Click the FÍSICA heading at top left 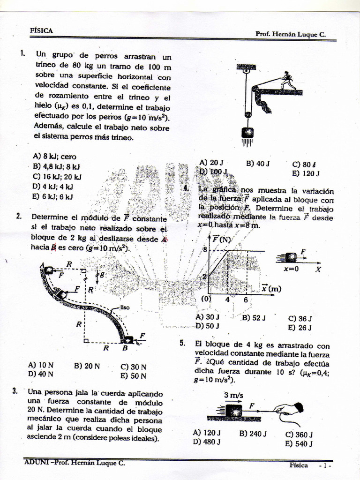tap(41, 30)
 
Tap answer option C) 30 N tap(134, 367)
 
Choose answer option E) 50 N tap(134, 376)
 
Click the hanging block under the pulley tap(247, 133)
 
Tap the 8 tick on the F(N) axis tap(204, 249)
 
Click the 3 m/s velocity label tap(233, 395)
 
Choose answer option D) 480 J tap(207, 442)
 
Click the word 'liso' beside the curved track tap(124, 307)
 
